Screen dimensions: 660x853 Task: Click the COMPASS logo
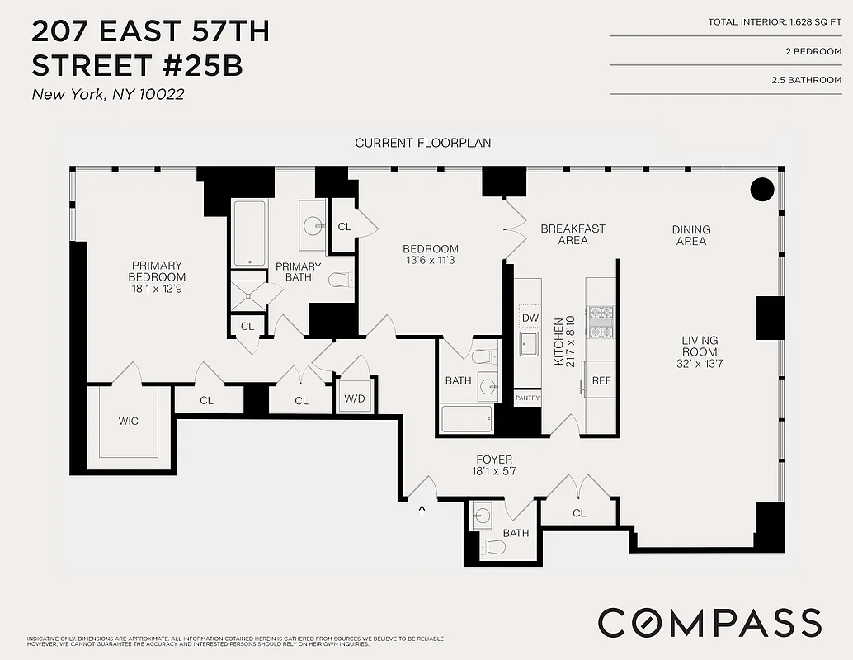coord(709,622)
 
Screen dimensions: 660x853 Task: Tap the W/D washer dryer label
coord(354,398)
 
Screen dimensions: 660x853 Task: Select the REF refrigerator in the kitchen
coord(601,381)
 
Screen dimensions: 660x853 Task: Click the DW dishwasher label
coord(530,318)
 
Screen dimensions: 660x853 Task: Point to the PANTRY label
coord(527,398)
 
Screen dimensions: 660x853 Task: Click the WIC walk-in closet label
coord(129,422)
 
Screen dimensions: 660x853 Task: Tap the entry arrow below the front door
coord(423,511)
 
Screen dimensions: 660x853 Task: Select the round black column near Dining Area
coord(762,190)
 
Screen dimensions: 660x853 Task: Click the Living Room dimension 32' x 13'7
coord(700,364)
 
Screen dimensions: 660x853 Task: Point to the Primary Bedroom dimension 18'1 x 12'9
coord(157,290)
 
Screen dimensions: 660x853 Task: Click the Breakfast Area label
coord(573,234)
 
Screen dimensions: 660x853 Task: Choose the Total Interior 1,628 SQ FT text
coord(775,21)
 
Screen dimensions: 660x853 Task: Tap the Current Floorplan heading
coord(422,143)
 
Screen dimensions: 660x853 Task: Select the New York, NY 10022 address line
coord(107,94)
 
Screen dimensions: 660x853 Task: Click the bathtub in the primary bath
coord(248,233)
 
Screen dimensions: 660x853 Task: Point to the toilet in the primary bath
coord(340,280)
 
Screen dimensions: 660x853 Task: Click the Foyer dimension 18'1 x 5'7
coord(494,472)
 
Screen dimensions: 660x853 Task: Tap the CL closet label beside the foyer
coord(579,513)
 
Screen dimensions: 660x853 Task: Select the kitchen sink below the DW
coord(529,343)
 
